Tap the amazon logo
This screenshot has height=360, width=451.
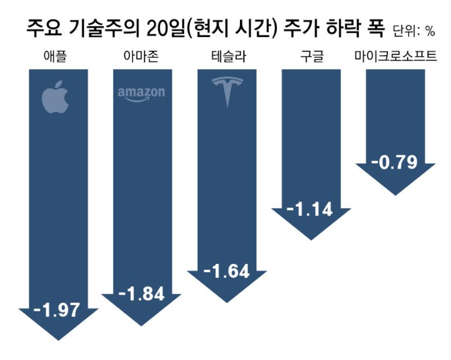[x=141, y=94]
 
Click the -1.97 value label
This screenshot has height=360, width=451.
[x=56, y=310]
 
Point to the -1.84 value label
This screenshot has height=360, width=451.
[x=141, y=293]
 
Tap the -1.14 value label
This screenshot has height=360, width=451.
[x=311, y=208]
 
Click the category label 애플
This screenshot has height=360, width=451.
[x=56, y=57]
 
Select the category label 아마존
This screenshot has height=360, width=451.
[x=141, y=57]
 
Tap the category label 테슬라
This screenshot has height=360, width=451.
[x=227, y=57]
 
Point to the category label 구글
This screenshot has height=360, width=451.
[x=311, y=57]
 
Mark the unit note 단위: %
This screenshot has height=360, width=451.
[x=413, y=30]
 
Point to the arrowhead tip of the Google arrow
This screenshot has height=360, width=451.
[x=311, y=239]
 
